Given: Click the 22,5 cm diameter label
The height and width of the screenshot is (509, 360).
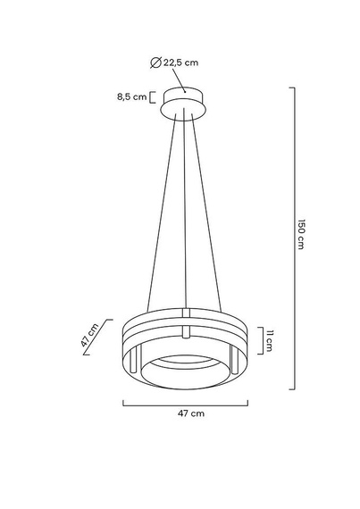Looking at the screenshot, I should point(181,62).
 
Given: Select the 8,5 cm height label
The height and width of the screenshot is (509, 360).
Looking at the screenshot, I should point(130,96).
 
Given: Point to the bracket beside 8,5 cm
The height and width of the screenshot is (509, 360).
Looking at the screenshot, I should point(153,96).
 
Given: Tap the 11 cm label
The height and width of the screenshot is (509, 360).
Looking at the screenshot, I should point(269,339).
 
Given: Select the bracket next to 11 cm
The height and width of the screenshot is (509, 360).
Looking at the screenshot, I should point(258,339).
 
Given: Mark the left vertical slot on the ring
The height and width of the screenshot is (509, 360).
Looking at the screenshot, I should point(133,363).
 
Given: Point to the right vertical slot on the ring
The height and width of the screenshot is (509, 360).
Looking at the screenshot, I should point(232,363).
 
